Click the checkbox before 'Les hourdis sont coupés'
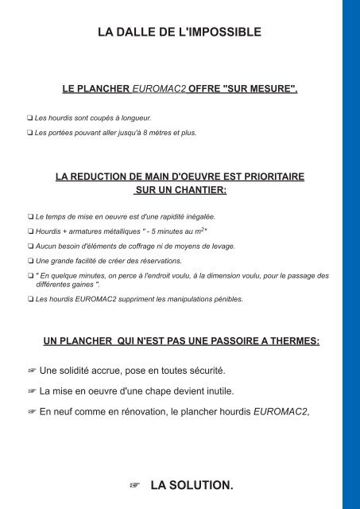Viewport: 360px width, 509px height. point(29,118)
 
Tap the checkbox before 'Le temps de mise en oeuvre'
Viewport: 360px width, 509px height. point(29,216)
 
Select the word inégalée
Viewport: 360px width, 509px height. point(197,216)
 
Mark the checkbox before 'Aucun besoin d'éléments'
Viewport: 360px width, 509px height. point(29,247)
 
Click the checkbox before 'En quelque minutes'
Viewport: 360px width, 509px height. point(29,276)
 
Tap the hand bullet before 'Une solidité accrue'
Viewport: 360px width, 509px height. point(33,371)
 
